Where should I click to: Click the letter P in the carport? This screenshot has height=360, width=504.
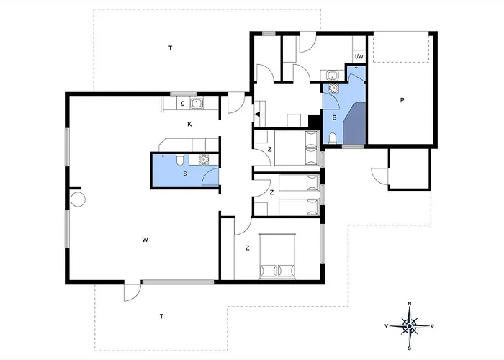(402, 100)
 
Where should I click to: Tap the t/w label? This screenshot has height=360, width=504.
(359, 57)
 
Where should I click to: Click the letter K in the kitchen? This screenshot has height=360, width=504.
(189, 124)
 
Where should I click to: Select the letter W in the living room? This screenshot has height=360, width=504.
(145, 240)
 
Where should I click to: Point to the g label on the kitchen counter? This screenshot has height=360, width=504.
(183, 103)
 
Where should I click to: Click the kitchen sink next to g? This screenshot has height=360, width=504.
(196, 103)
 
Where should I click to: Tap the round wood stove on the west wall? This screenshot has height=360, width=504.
(78, 199)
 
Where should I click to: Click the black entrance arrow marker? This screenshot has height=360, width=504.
(257, 114)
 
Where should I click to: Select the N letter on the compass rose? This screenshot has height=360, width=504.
(410, 304)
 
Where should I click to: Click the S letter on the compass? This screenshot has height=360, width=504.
(409, 348)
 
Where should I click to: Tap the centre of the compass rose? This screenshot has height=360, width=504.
(409, 326)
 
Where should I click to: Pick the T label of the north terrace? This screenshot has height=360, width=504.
(171, 48)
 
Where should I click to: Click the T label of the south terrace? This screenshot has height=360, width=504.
(162, 316)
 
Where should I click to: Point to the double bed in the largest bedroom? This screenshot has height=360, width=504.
(277, 256)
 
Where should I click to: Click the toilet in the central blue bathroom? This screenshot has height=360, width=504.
(180, 159)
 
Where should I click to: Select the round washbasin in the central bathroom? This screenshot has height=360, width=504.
(203, 159)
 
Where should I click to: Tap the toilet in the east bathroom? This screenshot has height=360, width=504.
(333, 138)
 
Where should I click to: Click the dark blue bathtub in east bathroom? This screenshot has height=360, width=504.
(354, 124)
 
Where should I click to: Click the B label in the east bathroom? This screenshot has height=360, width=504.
(334, 117)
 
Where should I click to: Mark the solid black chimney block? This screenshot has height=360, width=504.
(315, 122)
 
